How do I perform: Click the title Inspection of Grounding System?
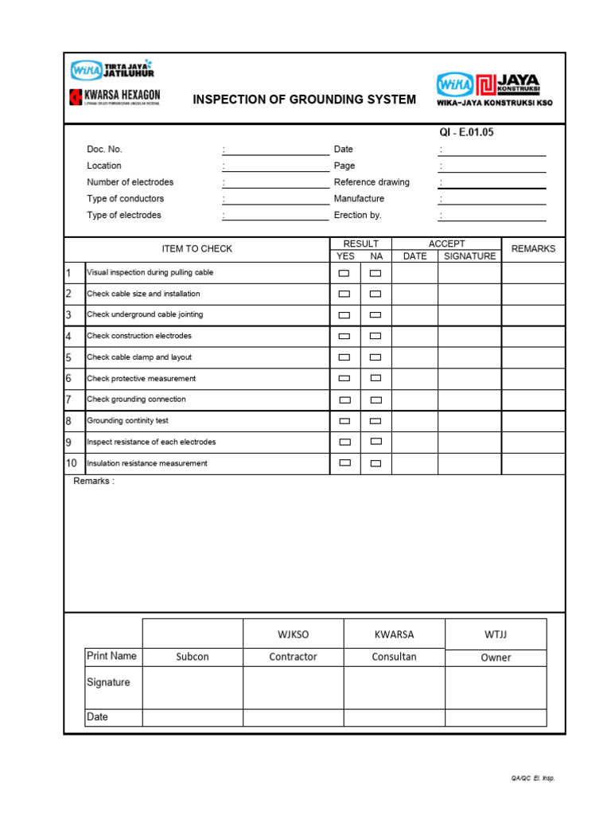point(304,99)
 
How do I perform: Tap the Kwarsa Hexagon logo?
point(115,98)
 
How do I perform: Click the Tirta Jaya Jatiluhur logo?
point(111,70)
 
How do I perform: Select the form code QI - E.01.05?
point(461,132)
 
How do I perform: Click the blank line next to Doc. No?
point(276,150)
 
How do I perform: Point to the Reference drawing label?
point(372,182)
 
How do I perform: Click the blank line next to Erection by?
point(493,216)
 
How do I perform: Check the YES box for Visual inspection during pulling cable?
point(344,273)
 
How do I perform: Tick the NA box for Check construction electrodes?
point(376,336)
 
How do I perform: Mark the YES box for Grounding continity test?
point(344,420)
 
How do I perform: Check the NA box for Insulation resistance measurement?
point(376,462)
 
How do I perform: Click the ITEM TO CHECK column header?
point(197,249)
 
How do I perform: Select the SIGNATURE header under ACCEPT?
point(469,256)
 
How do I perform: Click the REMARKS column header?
point(533,249)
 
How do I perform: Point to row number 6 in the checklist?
point(69,378)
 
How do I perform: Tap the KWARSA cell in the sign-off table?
point(394,634)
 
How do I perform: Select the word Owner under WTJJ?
point(496,658)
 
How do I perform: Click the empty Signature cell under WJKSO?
point(293,687)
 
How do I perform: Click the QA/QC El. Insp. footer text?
point(532,778)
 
